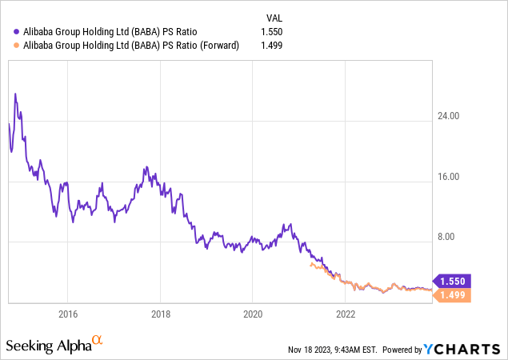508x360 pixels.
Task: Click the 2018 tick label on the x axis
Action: click(x=161, y=313)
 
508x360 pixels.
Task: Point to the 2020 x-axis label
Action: click(x=253, y=313)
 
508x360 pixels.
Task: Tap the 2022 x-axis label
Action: click(x=346, y=313)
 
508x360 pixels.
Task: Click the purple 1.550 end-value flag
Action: click(x=453, y=281)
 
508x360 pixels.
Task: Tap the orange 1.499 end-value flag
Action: click(x=453, y=295)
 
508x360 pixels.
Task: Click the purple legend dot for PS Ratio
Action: click(x=18, y=32)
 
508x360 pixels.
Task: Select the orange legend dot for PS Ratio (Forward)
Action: click(x=18, y=46)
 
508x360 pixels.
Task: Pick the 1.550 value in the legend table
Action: click(x=273, y=32)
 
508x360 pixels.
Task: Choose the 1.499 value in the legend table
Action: click(x=273, y=46)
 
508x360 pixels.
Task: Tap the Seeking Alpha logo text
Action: click(x=48, y=346)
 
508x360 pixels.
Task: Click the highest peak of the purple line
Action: click(x=15, y=94)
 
